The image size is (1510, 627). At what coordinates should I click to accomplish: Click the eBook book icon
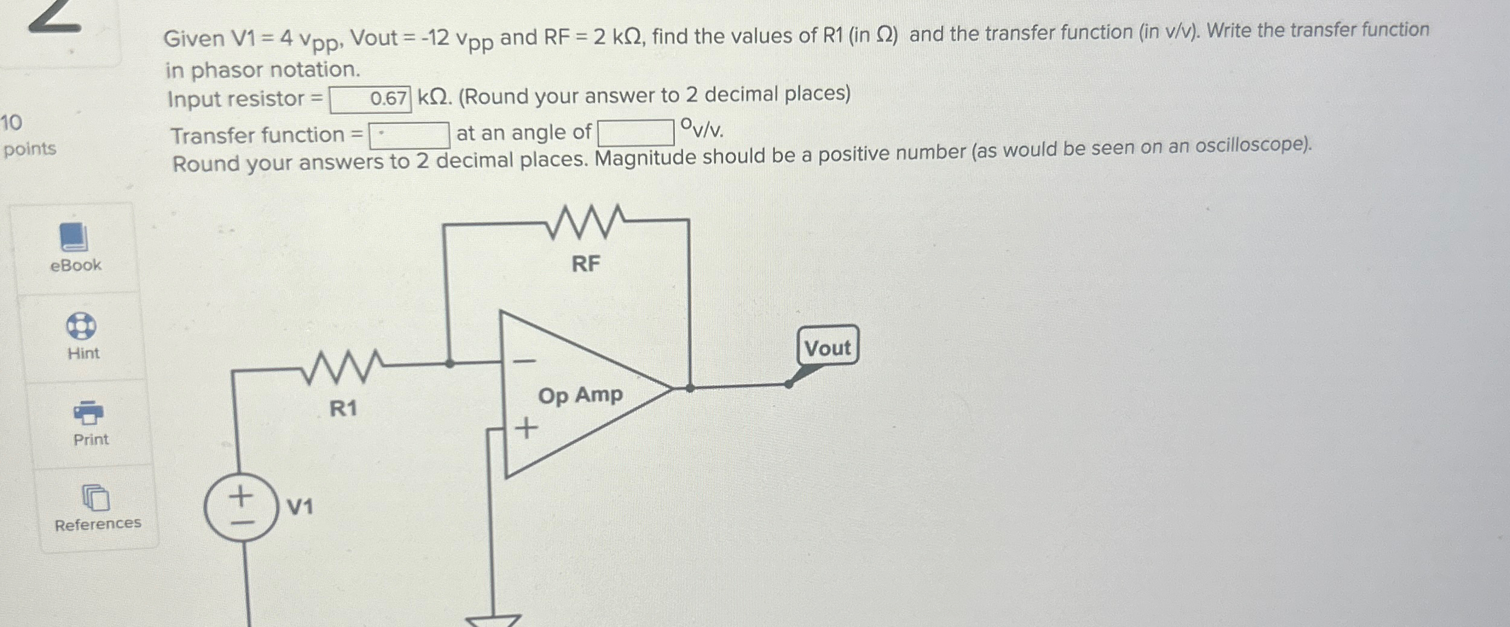point(74,237)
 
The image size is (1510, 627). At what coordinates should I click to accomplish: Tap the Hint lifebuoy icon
point(81,326)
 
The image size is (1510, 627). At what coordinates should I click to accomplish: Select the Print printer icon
point(88,413)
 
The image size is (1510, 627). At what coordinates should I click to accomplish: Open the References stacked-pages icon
point(95,498)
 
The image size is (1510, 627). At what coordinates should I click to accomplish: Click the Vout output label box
point(827,346)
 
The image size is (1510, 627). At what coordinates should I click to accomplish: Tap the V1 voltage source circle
point(241,507)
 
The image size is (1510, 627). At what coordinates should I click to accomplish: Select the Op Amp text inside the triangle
point(580,396)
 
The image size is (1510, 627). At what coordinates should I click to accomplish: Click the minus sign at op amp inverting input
point(524,361)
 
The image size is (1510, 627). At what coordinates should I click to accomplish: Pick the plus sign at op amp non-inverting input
point(526,428)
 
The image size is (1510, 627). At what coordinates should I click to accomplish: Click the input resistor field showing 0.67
point(370,99)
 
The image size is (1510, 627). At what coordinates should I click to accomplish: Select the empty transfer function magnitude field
point(410,135)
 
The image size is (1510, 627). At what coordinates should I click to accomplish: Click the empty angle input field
point(635,132)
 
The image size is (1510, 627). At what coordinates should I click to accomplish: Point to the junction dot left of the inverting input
point(449,364)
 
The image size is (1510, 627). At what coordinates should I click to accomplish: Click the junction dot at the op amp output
point(690,388)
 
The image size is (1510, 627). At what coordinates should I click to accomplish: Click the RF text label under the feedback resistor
point(586,263)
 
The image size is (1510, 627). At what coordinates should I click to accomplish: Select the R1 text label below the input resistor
point(343,409)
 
